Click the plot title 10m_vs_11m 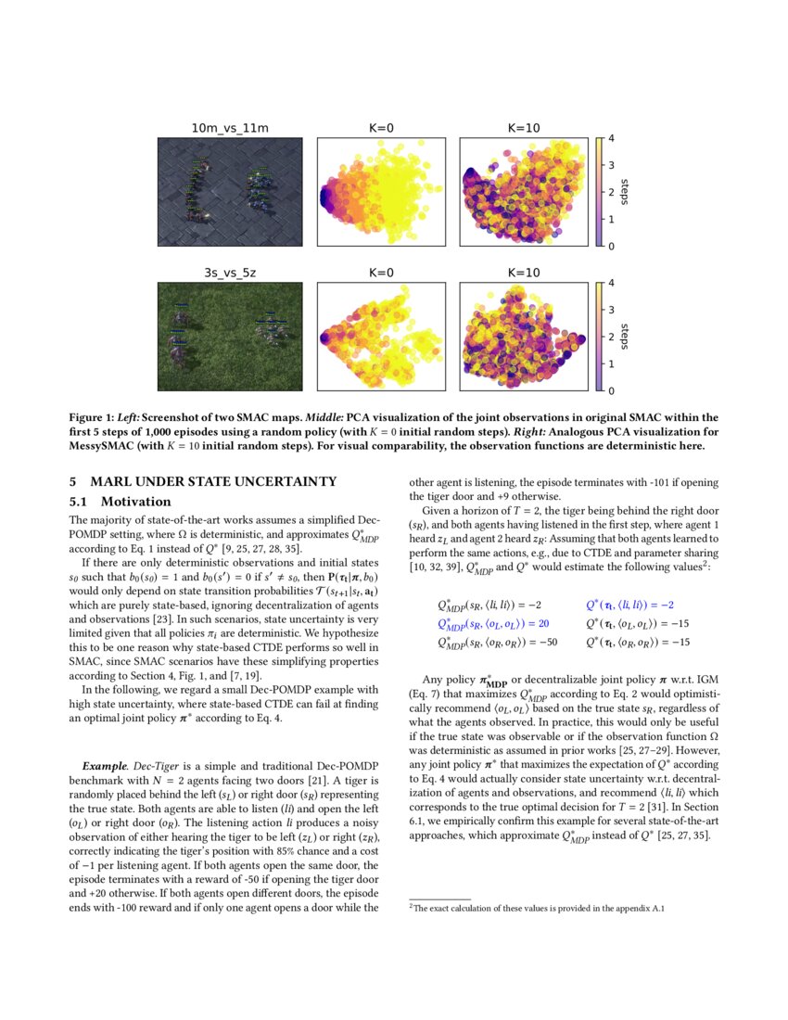[231, 128]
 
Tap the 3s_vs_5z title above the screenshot [231, 273]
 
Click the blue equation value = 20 [535, 623]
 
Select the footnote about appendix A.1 [538, 908]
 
